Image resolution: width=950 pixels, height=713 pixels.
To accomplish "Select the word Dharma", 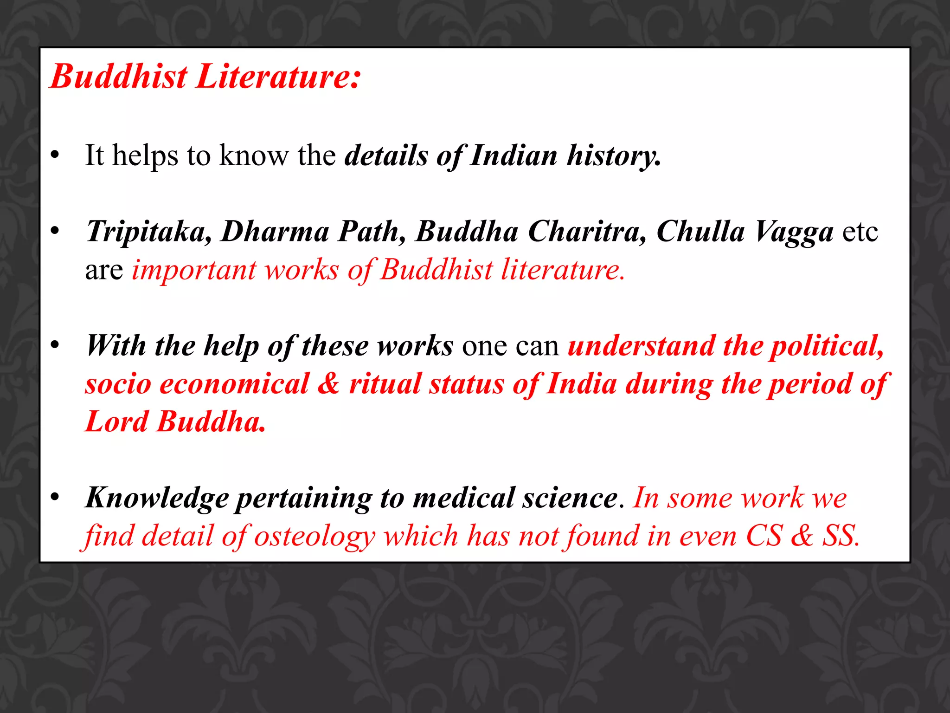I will coord(275,232).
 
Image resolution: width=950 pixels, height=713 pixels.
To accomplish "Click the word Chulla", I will coord(700,232).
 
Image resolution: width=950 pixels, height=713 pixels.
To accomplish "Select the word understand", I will coord(641,346).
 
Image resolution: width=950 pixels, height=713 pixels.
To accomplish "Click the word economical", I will coord(234,384).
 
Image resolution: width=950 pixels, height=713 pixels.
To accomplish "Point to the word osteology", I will coord(315,537).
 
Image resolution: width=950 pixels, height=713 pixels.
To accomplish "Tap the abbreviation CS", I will coord(764,537).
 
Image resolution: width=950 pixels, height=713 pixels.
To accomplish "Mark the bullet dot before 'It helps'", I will coord(55,156).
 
